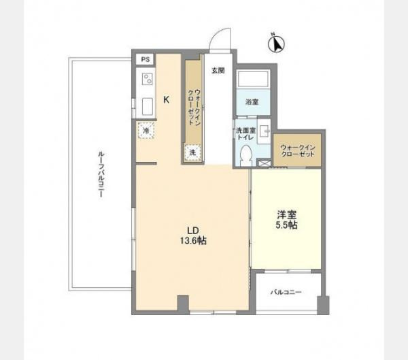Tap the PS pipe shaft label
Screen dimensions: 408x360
pos(146,59)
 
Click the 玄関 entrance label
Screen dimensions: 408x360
pos(218,71)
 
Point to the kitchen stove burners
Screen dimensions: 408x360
pos(148,79)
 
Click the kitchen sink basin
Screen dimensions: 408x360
pos(148,106)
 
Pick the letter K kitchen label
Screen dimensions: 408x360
pos(167,99)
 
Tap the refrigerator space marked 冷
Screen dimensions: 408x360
pos(146,130)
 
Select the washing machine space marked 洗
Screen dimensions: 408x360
pos(192,152)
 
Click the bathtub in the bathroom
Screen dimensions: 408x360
pos(253,80)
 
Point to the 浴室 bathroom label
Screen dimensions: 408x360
pos(252,102)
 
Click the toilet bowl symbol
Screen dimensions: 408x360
pos(246,155)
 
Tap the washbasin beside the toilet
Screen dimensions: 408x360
pos(264,131)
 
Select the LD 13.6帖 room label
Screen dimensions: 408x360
pos(193,235)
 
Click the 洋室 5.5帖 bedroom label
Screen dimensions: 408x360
pos(286,220)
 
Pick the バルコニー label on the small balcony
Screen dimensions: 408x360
pos(286,292)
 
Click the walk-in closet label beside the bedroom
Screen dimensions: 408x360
pos(298,151)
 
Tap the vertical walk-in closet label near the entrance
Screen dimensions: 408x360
pos(194,108)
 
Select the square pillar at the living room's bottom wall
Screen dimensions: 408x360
pos(183,304)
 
